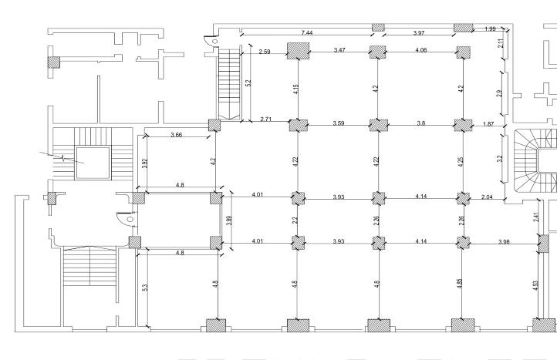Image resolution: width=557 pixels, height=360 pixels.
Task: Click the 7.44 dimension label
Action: [306, 32]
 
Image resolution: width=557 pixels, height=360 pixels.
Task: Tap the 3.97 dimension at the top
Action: [419, 32]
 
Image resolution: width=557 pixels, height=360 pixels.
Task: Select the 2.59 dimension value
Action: [265, 52]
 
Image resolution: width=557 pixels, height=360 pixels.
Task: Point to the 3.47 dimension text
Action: [339, 50]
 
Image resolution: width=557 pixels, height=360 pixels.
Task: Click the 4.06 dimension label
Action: [421, 50]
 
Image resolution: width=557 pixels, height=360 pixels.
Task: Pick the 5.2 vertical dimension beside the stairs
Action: [248, 82]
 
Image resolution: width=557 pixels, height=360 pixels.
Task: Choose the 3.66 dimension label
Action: [176, 135]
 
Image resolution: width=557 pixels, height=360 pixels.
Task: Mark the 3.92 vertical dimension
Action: [144, 163]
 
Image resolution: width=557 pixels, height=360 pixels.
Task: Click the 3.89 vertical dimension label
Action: [229, 220]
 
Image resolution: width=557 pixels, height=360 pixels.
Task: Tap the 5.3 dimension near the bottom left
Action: [144, 288]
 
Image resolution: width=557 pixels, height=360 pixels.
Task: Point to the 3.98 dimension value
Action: [504, 242]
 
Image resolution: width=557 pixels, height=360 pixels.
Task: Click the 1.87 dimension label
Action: [488, 124]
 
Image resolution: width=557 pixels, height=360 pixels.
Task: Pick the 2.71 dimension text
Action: [265, 119]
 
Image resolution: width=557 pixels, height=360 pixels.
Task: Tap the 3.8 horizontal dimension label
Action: [420, 123]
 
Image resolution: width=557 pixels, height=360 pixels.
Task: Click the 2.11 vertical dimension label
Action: [501, 43]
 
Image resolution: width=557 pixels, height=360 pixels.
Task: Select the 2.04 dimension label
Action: [487, 197]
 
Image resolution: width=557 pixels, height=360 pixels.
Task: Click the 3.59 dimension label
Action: [339, 123]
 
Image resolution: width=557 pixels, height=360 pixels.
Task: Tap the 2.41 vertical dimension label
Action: [536, 217]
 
